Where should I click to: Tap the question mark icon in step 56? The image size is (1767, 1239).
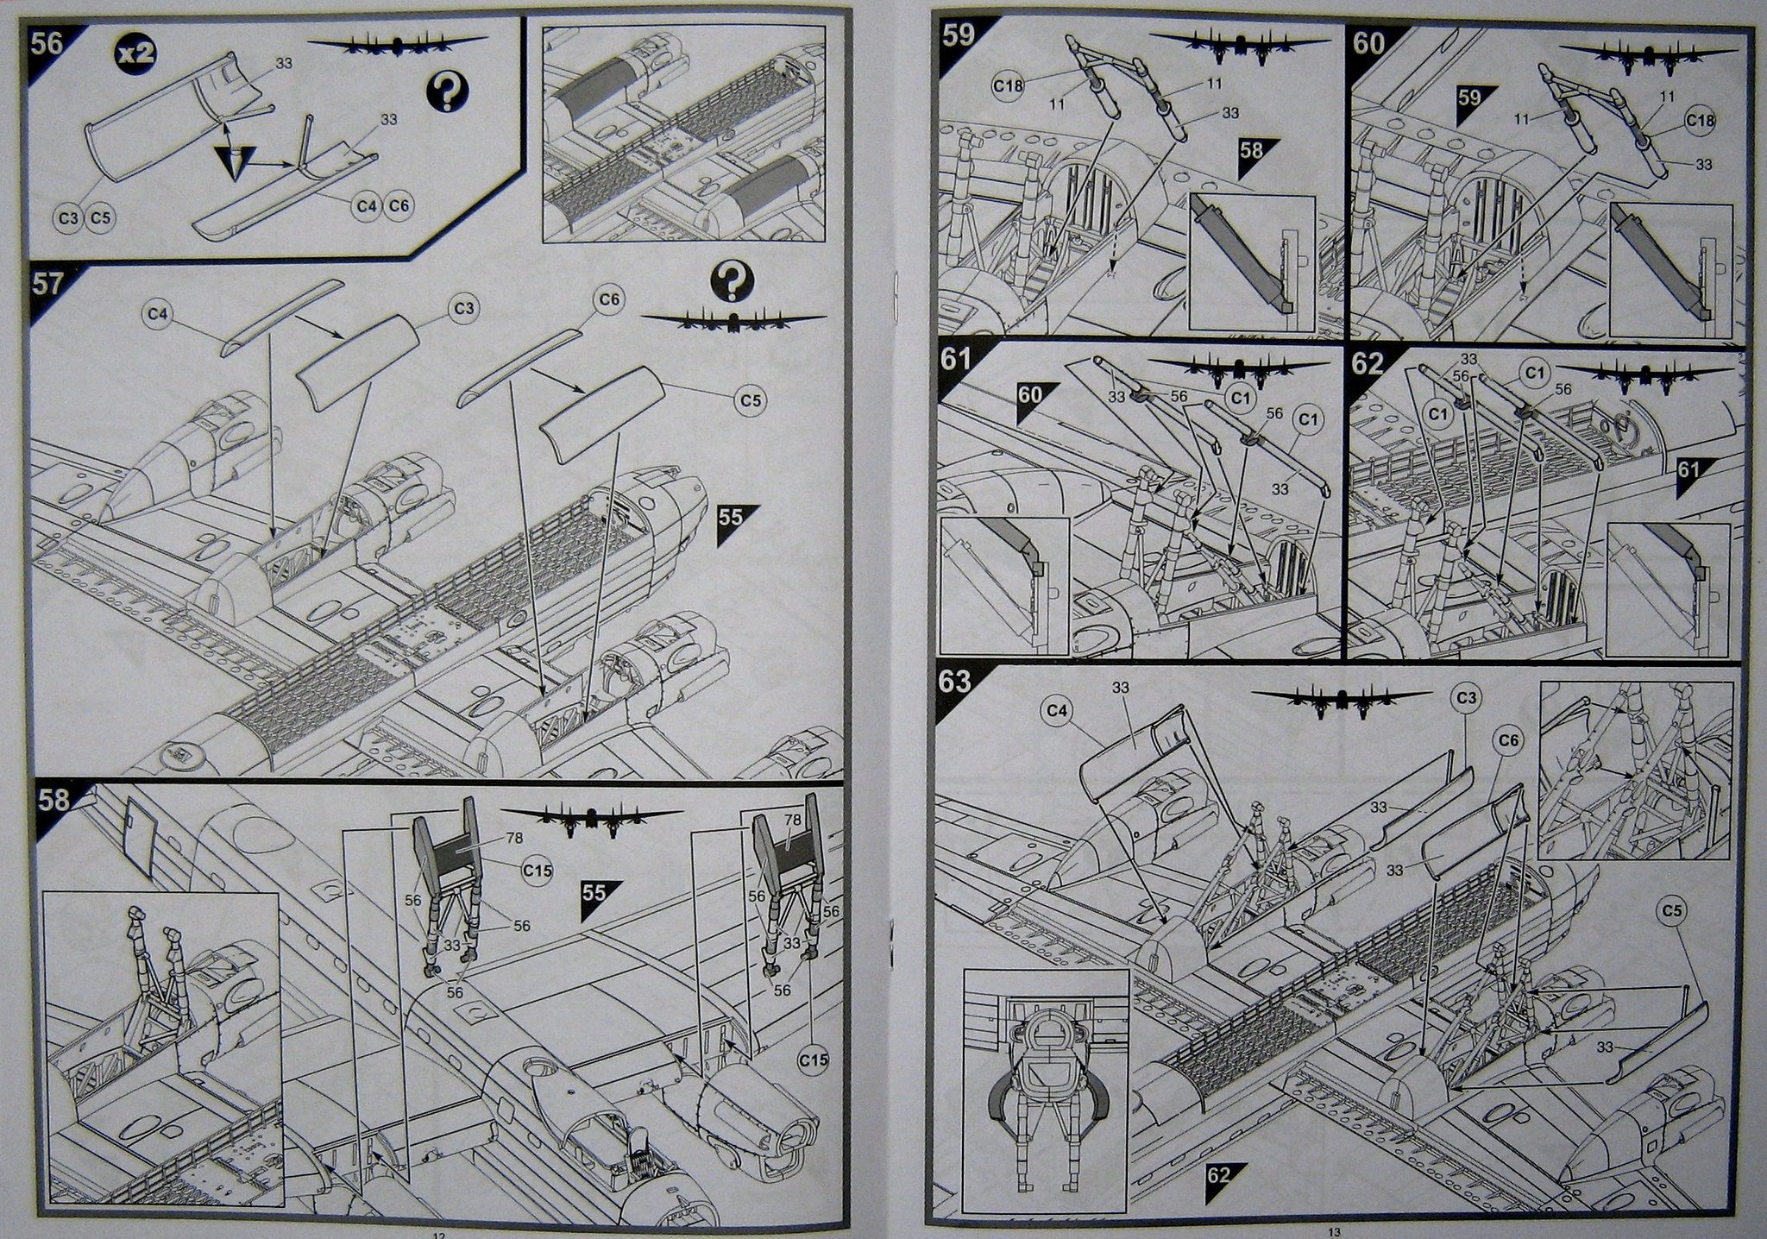[x=446, y=91]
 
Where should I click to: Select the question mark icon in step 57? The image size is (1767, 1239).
[x=732, y=281]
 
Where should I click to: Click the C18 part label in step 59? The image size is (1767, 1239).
[x=1008, y=86]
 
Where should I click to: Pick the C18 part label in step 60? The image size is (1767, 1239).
[x=1700, y=120]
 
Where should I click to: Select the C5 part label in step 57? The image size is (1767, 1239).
[x=751, y=400]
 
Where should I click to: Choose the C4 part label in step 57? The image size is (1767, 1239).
[x=156, y=314]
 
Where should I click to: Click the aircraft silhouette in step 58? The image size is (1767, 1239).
[x=591, y=818]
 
